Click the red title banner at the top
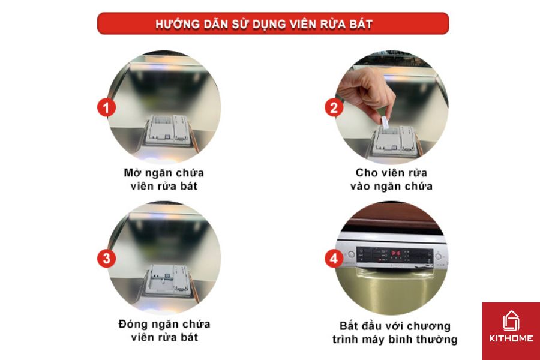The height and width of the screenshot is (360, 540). tap(273, 23)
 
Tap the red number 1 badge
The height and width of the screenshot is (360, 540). tap(106, 108)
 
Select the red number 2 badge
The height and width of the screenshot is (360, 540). tap(334, 108)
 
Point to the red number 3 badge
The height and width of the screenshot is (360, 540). tap(106, 259)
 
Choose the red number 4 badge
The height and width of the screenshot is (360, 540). tap(334, 259)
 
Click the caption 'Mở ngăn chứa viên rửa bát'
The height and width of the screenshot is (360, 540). tap(164, 179)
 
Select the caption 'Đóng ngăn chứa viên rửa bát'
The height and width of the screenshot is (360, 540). tap(164, 331)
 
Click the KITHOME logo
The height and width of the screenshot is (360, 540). tap(511, 331)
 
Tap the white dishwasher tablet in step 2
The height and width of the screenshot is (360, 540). tap(386, 121)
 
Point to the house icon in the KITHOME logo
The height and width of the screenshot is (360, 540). tap(511, 320)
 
